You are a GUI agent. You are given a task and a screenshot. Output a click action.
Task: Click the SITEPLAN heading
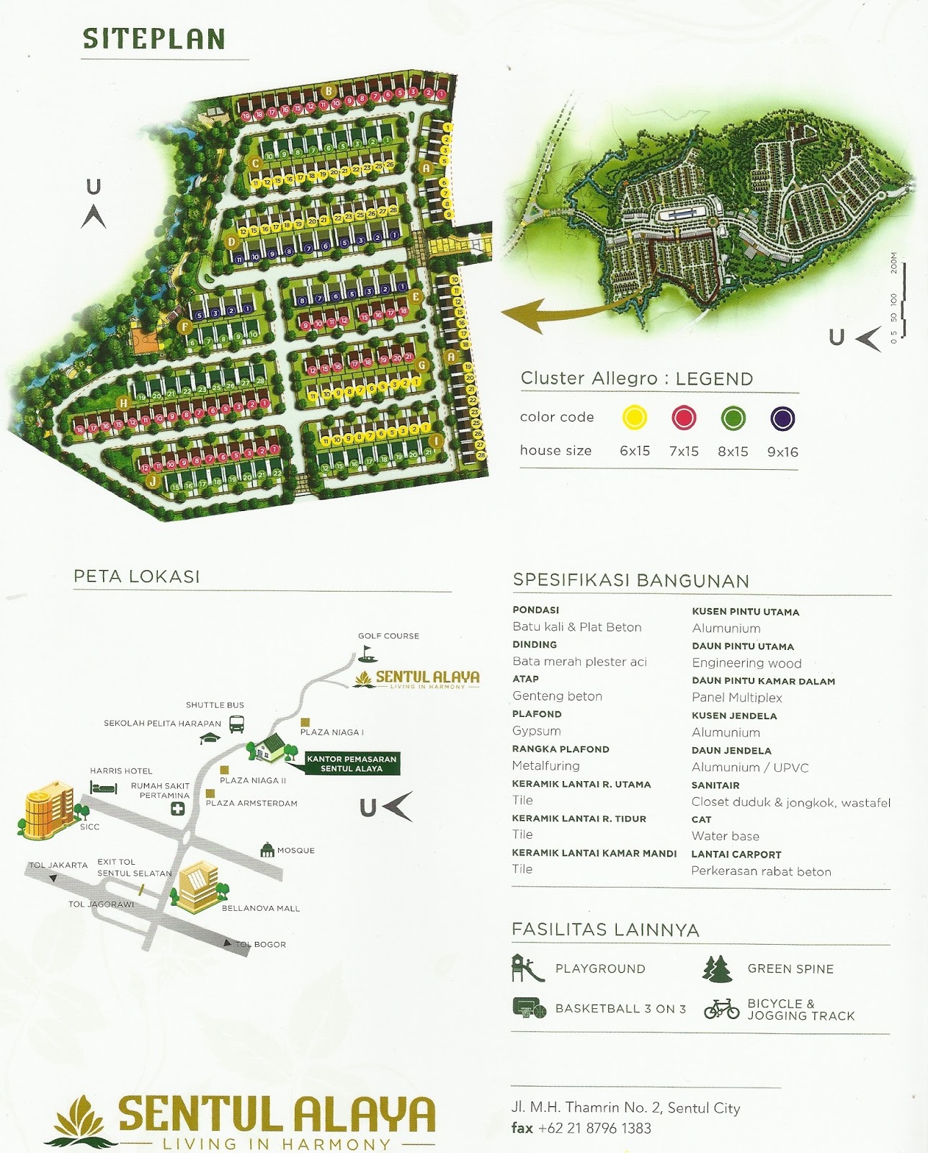click(154, 39)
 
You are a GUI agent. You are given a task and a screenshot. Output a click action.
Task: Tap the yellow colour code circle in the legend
click(635, 417)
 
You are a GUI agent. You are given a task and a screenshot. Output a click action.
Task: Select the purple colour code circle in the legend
click(782, 418)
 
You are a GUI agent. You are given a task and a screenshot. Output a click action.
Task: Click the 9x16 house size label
click(782, 452)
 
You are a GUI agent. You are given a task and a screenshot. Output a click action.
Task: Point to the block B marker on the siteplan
click(329, 91)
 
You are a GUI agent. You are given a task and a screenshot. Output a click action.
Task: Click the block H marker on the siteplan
click(124, 403)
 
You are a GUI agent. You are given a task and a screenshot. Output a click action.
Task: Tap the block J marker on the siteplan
click(153, 481)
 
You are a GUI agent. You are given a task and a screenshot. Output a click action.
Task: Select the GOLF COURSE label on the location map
click(388, 636)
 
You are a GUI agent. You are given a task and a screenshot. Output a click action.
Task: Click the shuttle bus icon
click(236, 723)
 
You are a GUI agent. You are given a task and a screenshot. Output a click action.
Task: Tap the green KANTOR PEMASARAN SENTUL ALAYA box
click(352, 764)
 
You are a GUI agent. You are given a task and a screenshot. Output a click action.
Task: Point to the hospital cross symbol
click(177, 809)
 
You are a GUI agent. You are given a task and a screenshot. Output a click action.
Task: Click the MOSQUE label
click(295, 850)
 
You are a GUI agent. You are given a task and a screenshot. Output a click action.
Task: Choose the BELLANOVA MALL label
click(261, 908)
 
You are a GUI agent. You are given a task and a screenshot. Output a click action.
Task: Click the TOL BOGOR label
click(261, 944)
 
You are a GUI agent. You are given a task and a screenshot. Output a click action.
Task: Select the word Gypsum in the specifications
click(537, 731)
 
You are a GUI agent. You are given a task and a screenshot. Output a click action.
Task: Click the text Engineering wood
click(746, 663)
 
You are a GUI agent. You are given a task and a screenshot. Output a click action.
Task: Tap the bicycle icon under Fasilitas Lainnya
click(721, 1009)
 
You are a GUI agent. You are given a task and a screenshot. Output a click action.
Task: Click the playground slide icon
click(527, 968)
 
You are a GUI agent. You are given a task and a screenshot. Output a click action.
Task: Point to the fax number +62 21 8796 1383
click(594, 1128)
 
